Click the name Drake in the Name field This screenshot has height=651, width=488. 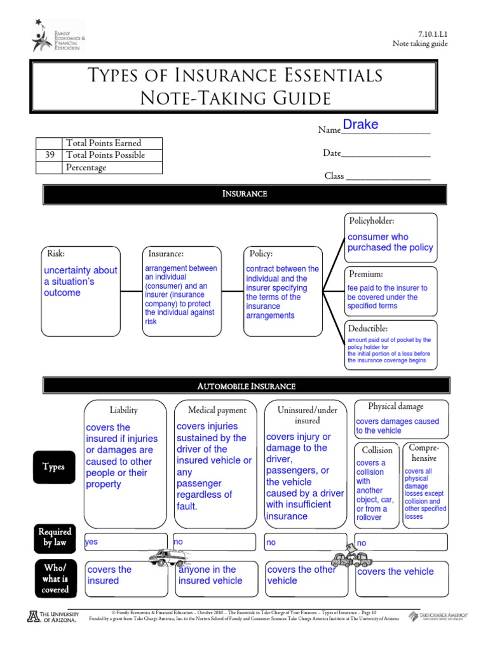click(360, 125)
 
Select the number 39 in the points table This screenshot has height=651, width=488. click(50, 155)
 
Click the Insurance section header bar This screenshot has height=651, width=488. click(244, 194)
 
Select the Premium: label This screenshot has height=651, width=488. click(366, 274)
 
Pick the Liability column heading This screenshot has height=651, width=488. click(123, 410)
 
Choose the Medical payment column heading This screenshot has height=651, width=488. click(217, 411)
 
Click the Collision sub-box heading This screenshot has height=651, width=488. click(377, 450)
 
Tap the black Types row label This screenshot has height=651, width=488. click(54, 467)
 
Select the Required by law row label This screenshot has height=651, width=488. click(55, 537)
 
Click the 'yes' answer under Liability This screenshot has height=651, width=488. click(92, 542)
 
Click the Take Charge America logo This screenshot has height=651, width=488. click(438, 616)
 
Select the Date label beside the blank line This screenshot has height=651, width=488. click(332, 153)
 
